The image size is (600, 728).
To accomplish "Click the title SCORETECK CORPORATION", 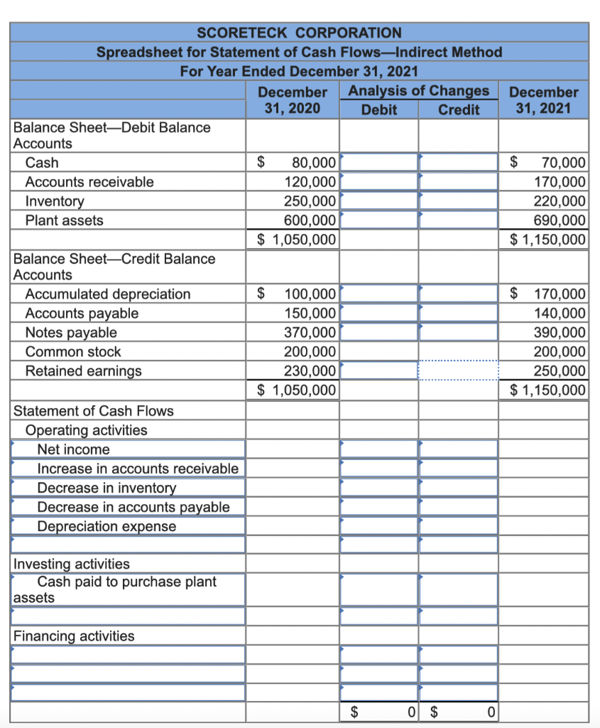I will pos(299,33).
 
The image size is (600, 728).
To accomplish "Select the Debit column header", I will pos(378,109).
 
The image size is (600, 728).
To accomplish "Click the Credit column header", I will pos(458,109).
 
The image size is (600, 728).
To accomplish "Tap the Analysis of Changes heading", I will pos(418,91).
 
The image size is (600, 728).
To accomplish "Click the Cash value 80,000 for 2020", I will pos(310,163).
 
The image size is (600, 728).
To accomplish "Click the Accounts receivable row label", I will pos(89,182).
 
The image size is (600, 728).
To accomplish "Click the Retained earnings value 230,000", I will pos(310,371).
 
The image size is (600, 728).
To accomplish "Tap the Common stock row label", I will pos(73,352).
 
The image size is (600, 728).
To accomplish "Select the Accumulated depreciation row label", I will pos(108,294).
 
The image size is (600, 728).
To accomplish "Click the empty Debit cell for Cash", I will pos(378,163).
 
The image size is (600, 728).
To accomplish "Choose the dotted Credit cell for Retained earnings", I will pos(458,371).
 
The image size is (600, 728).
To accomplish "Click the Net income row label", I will pos(74,449).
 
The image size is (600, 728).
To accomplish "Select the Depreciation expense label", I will pos(107,526).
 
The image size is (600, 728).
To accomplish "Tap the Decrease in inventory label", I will pos(107,488).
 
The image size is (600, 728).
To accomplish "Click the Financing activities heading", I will pos(74,636).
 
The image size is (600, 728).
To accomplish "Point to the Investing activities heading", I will pos(72,564).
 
